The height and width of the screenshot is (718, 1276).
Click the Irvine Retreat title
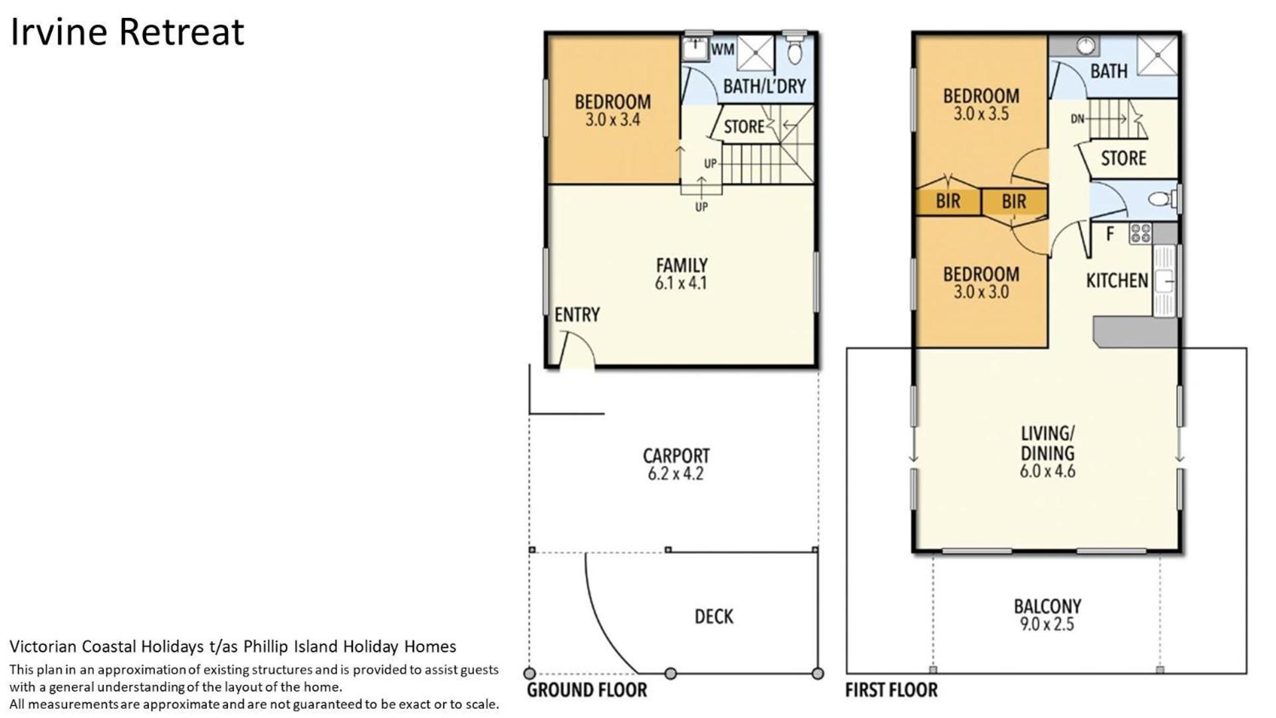coord(128,33)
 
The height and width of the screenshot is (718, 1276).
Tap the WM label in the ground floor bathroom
coord(723,49)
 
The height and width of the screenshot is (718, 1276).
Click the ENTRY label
coord(577,314)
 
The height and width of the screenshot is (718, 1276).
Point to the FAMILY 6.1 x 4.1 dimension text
coord(681,283)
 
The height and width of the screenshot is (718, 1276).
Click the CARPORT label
coord(676,456)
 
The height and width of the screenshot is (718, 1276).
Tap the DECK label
coord(714,617)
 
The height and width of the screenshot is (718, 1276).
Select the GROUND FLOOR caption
coord(587,690)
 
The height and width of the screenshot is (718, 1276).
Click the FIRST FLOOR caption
coord(892,690)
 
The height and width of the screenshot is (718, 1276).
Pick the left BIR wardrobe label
coord(948,201)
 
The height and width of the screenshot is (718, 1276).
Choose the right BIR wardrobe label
coord(1014,201)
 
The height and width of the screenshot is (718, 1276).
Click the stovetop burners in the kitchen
coord(1141,233)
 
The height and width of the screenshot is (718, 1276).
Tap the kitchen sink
coord(1164,281)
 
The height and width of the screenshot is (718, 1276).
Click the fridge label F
coord(1110,234)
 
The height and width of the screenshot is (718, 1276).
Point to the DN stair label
coord(1078,119)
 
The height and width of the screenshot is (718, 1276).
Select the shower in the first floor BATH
coord(1158,55)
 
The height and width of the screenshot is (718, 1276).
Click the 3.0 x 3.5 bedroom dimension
coord(981,114)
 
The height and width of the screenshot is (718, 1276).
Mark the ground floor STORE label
coord(744,127)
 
